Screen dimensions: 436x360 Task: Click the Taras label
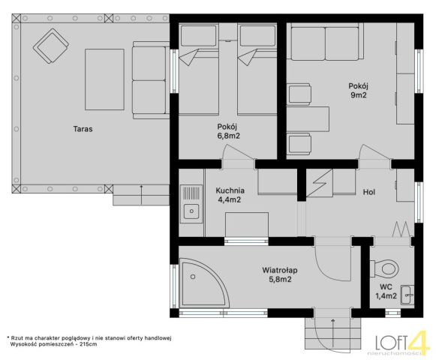[x=83, y=129]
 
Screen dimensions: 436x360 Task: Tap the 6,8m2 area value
[x=228, y=136]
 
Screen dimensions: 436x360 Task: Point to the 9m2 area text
[x=359, y=95]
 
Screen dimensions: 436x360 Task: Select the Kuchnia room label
[x=230, y=190]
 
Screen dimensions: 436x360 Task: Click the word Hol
[x=369, y=192]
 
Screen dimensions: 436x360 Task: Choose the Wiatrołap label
[x=280, y=270]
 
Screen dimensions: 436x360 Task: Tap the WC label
[x=386, y=287]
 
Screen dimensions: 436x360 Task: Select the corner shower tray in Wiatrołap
[x=204, y=283]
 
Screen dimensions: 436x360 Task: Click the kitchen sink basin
[x=191, y=211]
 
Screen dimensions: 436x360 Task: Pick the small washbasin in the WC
[x=407, y=295]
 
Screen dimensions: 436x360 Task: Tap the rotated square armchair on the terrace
[x=51, y=47]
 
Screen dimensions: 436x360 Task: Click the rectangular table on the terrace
[x=104, y=79]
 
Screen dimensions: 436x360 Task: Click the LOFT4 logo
[x=401, y=343]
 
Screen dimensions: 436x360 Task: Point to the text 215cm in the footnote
[x=88, y=344]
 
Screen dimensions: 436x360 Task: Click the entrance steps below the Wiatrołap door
[x=333, y=334]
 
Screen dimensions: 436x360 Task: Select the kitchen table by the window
[x=247, y=224]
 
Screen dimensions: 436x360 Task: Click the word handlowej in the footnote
[x=158, y=338]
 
